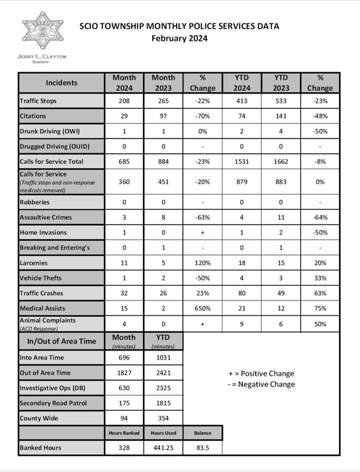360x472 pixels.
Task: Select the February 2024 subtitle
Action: [x=179, y=38]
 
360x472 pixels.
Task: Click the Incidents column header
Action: [x=61, y=83]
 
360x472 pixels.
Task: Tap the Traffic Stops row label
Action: [x=38, y=101]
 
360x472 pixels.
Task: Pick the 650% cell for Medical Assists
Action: [x=202, y=309]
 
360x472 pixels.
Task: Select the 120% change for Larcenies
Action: [x=202, y=263]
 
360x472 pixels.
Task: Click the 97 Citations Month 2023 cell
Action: [x=163, y=116]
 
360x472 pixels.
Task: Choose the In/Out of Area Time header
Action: [x=62, y=341]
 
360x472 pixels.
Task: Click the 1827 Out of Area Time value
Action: [x=124, y=373]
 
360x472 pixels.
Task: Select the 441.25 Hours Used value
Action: [x=163, y=448]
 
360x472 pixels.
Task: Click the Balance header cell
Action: [x=202, y=433]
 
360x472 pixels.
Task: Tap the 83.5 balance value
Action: [x=202, y=448]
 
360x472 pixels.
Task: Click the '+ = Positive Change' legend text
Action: [x=258, y=373]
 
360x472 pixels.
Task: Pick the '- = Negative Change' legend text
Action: [x=258, y=384]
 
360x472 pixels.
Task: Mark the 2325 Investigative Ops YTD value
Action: [x=163, y=388]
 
